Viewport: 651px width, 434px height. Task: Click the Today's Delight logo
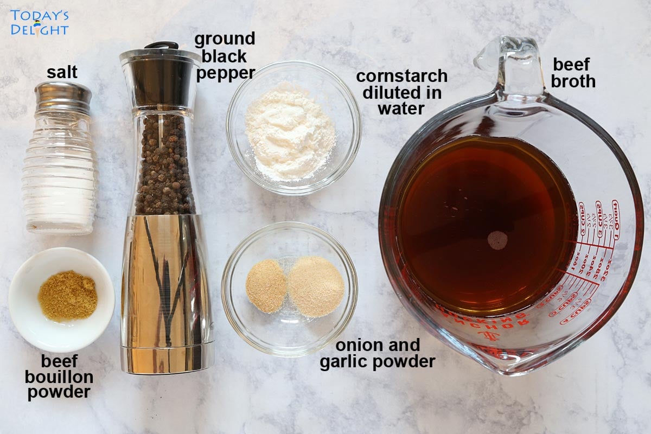[39, 22]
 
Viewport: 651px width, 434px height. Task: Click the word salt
[62, 72]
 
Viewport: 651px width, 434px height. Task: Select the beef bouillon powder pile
[67, 296]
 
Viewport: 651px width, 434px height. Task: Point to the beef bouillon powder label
[60, 376]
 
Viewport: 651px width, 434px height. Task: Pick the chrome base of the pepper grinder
[165, 293]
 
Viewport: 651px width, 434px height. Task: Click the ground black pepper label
[225, 56]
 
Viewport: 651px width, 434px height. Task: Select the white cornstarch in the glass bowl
[290, 130]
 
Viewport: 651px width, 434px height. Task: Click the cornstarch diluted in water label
[401, 92]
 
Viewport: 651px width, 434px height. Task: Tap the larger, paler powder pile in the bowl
[316, 286]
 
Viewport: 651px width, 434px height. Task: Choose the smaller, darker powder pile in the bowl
[266, 285]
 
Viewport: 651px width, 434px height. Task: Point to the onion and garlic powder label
[377, 353]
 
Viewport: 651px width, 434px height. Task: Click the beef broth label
[574, 73]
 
